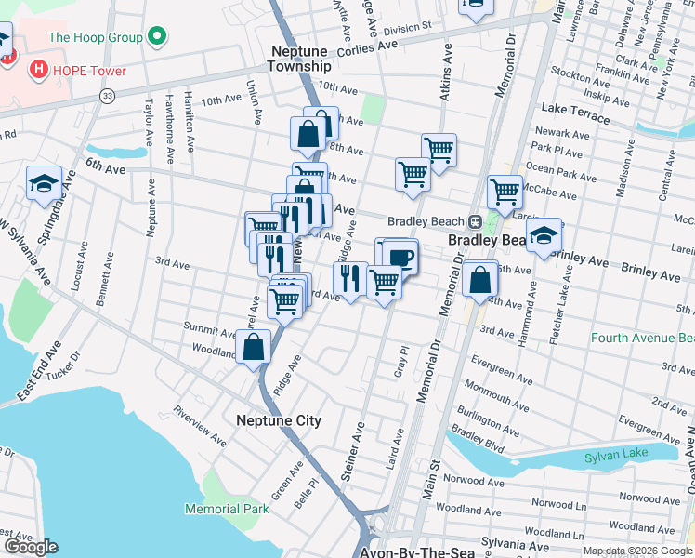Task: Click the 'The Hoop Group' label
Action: (x=95, y=38)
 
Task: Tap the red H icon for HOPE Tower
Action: (x=38, y=69)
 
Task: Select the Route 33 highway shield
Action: (x=108, y=95)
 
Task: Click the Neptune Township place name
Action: (x=298, y=59)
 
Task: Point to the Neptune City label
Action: (x=279, y=420)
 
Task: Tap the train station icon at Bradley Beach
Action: (x=474, y=221)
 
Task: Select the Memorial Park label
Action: (x=227, y=509)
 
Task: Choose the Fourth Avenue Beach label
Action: (x=642, y=338)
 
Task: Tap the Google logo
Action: (x=31, y=547)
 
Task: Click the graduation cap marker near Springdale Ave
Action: (x=43, y=182)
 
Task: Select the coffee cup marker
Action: (x=401, y=256)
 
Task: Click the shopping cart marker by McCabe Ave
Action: (x=505, y=191)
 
